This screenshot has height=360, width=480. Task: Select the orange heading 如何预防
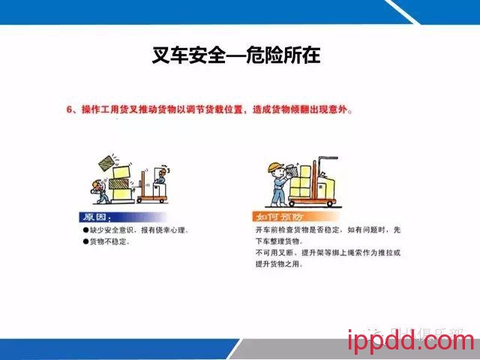(x=274, y=217)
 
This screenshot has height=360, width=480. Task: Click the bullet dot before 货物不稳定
(x=85, y=242)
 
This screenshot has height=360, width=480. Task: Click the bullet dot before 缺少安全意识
(x=85, y=230)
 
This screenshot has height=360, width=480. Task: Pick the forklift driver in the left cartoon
(x=160, y=178)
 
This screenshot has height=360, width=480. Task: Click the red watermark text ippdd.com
(x=411, y=341)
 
